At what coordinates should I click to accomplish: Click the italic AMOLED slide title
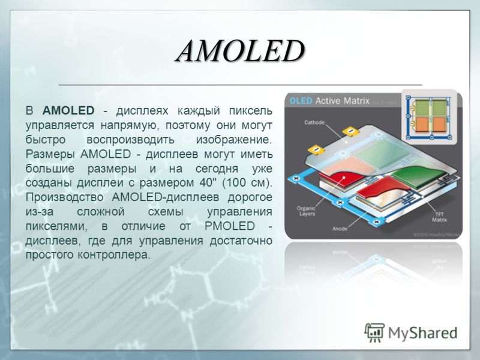tap(241, 51)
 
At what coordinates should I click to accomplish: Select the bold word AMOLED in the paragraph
tap(68, 110)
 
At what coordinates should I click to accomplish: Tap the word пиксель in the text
tap(251, 110)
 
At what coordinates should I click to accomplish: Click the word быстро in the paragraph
tap(46, 140)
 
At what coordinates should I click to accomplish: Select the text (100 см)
tap(247, 183)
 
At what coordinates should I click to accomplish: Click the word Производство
tap(65, 197)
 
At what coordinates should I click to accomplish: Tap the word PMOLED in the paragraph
tap(230, 226)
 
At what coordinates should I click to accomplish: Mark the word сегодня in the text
tap(217, 169)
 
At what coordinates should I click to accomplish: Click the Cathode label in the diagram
tap(314, 122)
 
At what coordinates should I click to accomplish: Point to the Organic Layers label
tap(306, 211)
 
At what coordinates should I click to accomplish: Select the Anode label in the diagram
tap(340, 229)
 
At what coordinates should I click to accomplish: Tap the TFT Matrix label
tap(439, 217)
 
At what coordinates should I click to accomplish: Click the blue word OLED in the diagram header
tap(301, 101)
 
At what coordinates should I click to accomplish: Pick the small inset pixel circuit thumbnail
tap(429, 117)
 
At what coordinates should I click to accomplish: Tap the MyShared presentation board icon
tap(374, 332)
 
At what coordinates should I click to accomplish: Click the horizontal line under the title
tap(241, 85)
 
